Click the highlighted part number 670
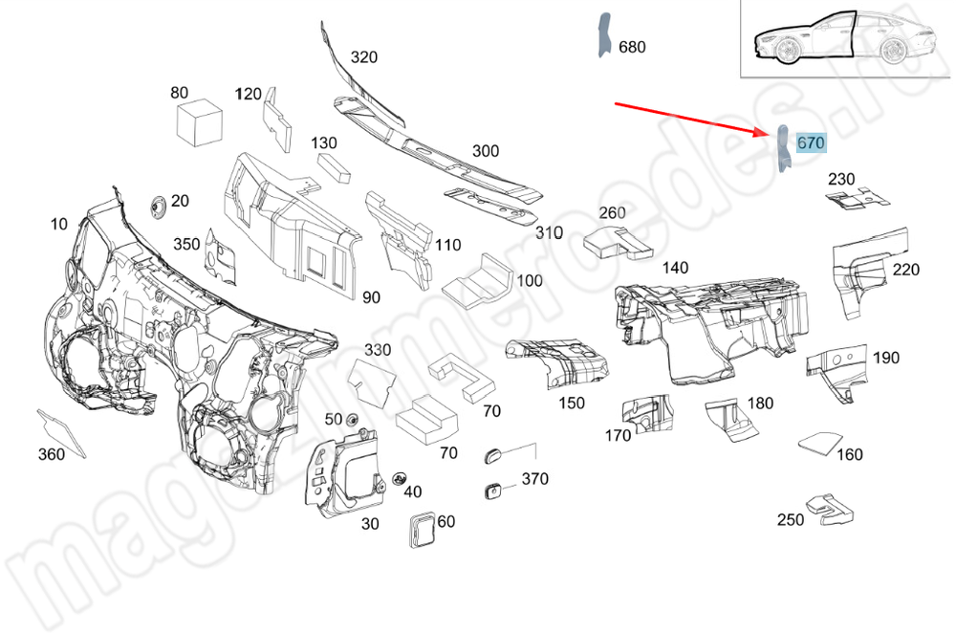coord(811,143)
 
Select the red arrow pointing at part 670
coord(692,119)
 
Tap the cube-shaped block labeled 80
coord(199,123)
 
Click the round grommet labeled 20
coord(159,207)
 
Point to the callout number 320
coord(364,57)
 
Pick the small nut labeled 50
coord(351,420)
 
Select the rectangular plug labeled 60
coord(422,530)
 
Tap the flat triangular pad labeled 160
coord(820,443)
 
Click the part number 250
coord(791,520)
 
